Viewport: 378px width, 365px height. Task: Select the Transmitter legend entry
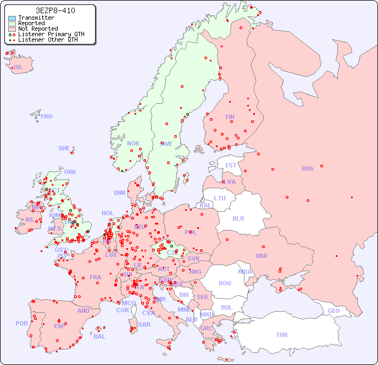click(36, 18)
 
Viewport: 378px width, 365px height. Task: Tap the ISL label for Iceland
click(19, 68)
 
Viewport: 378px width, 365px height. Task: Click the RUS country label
click(307, 169)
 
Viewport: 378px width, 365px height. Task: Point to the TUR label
click(282, 335)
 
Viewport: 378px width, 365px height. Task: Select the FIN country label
click(230, 117)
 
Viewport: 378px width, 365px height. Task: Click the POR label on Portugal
click(21, 323)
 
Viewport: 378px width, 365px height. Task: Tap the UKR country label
click(262, 256)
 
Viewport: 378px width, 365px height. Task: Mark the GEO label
click(333, 311)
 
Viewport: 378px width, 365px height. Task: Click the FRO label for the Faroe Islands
click(47, 116)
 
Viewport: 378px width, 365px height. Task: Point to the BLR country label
click(238, 218)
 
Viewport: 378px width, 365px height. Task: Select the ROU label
click(225, 283)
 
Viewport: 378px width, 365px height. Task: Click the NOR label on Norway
click(133, 143)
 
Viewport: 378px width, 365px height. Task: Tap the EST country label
click(231, 165)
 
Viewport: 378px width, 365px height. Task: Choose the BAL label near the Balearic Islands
click(99, 336)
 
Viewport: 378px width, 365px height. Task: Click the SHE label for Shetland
click(64, 148)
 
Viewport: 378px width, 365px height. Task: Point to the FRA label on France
click(96, 277)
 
